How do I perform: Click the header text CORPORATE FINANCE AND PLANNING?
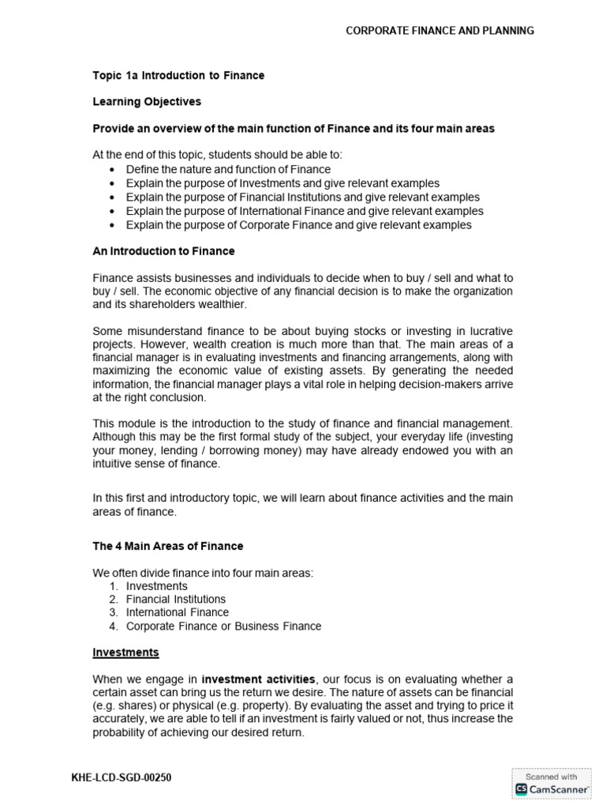[440, 31]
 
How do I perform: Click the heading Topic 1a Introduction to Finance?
[178, 76]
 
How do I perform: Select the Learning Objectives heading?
[147, 102]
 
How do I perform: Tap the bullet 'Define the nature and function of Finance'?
[228, 169]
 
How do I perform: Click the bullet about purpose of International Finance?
[305, 211]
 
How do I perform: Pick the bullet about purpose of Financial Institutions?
[302, 197]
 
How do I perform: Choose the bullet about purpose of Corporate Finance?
[298, 225]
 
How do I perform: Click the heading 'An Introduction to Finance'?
[163, 251]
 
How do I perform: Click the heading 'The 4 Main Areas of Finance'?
[168, 546]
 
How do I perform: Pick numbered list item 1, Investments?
[156, 586]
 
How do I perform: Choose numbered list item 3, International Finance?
[177, 612]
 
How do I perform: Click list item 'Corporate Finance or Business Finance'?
[223, 626]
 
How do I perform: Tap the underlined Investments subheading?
[125, 653]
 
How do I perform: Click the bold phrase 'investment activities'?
[259, 679]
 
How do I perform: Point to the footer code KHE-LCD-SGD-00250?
[121, 778]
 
